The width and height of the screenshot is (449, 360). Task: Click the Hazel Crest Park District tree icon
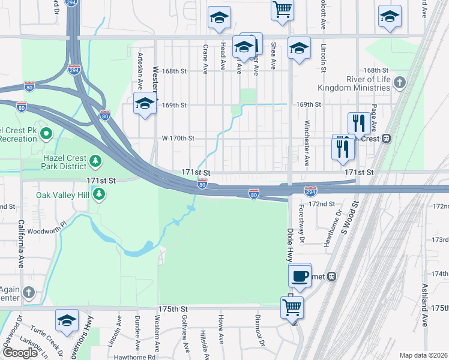[95, 161]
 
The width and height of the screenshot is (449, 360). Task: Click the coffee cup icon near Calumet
[300, 275]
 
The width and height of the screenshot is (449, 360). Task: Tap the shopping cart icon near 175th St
[292, 307]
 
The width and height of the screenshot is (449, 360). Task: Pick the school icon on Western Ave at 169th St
[145, 104]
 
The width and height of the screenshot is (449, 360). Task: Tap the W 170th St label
[178, 138]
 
